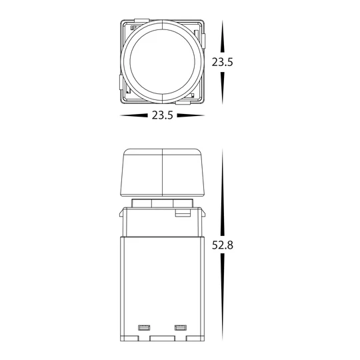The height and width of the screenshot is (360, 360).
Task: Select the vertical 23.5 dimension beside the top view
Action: (223, 62)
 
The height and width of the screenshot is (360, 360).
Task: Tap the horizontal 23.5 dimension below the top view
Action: (163, 115)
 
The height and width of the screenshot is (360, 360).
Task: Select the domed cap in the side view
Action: (163, 173)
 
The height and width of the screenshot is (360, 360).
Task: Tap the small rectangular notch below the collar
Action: (181, 214)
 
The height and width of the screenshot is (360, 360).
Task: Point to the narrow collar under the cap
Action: (163, 203)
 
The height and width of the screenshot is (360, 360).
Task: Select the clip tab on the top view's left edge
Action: (120, 84)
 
